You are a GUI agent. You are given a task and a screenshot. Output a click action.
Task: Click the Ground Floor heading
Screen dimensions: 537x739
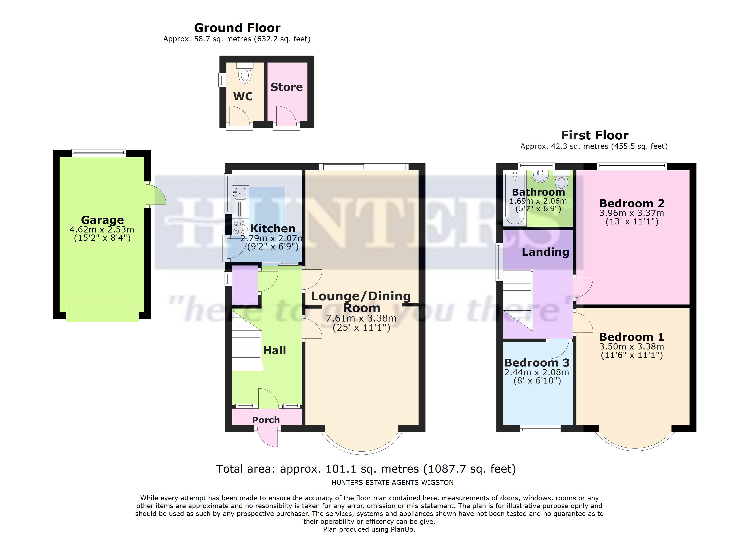coord(237,28)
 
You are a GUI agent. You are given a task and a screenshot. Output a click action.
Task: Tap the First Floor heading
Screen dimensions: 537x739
coord(595,135)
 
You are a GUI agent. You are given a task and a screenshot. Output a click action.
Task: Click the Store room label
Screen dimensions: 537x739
coord(286,87)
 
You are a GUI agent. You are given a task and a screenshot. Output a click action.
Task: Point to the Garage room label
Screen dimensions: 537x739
coord(102,220)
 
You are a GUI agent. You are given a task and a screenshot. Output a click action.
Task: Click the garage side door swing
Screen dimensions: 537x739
coord(158,195)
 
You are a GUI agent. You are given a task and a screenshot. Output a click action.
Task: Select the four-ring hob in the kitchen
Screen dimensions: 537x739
coord(240,227)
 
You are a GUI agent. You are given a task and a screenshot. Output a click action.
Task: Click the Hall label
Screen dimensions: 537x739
coord(274,350)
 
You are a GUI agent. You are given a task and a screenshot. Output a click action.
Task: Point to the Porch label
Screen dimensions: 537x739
coord(266,420)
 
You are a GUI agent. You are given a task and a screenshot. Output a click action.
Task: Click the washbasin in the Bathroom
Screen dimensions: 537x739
coord(541,176)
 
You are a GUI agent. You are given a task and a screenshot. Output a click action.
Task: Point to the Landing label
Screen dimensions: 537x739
coord(545,252)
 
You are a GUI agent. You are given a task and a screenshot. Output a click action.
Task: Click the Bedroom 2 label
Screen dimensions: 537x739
coord(632,204)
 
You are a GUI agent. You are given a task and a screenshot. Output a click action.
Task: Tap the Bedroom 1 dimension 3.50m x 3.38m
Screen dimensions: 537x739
coord(632,347)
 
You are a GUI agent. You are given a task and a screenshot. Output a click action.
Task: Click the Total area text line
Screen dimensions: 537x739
coord(366,469)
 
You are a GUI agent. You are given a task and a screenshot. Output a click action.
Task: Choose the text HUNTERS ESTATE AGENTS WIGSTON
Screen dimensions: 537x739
coord(392,483)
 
